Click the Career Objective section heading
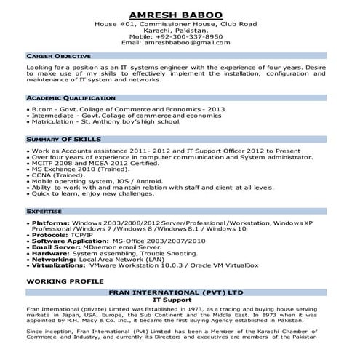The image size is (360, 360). click(x=58, y=56)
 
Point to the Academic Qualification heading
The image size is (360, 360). click(x=71, y=97)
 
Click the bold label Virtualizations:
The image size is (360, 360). click(x=60, y=266)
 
